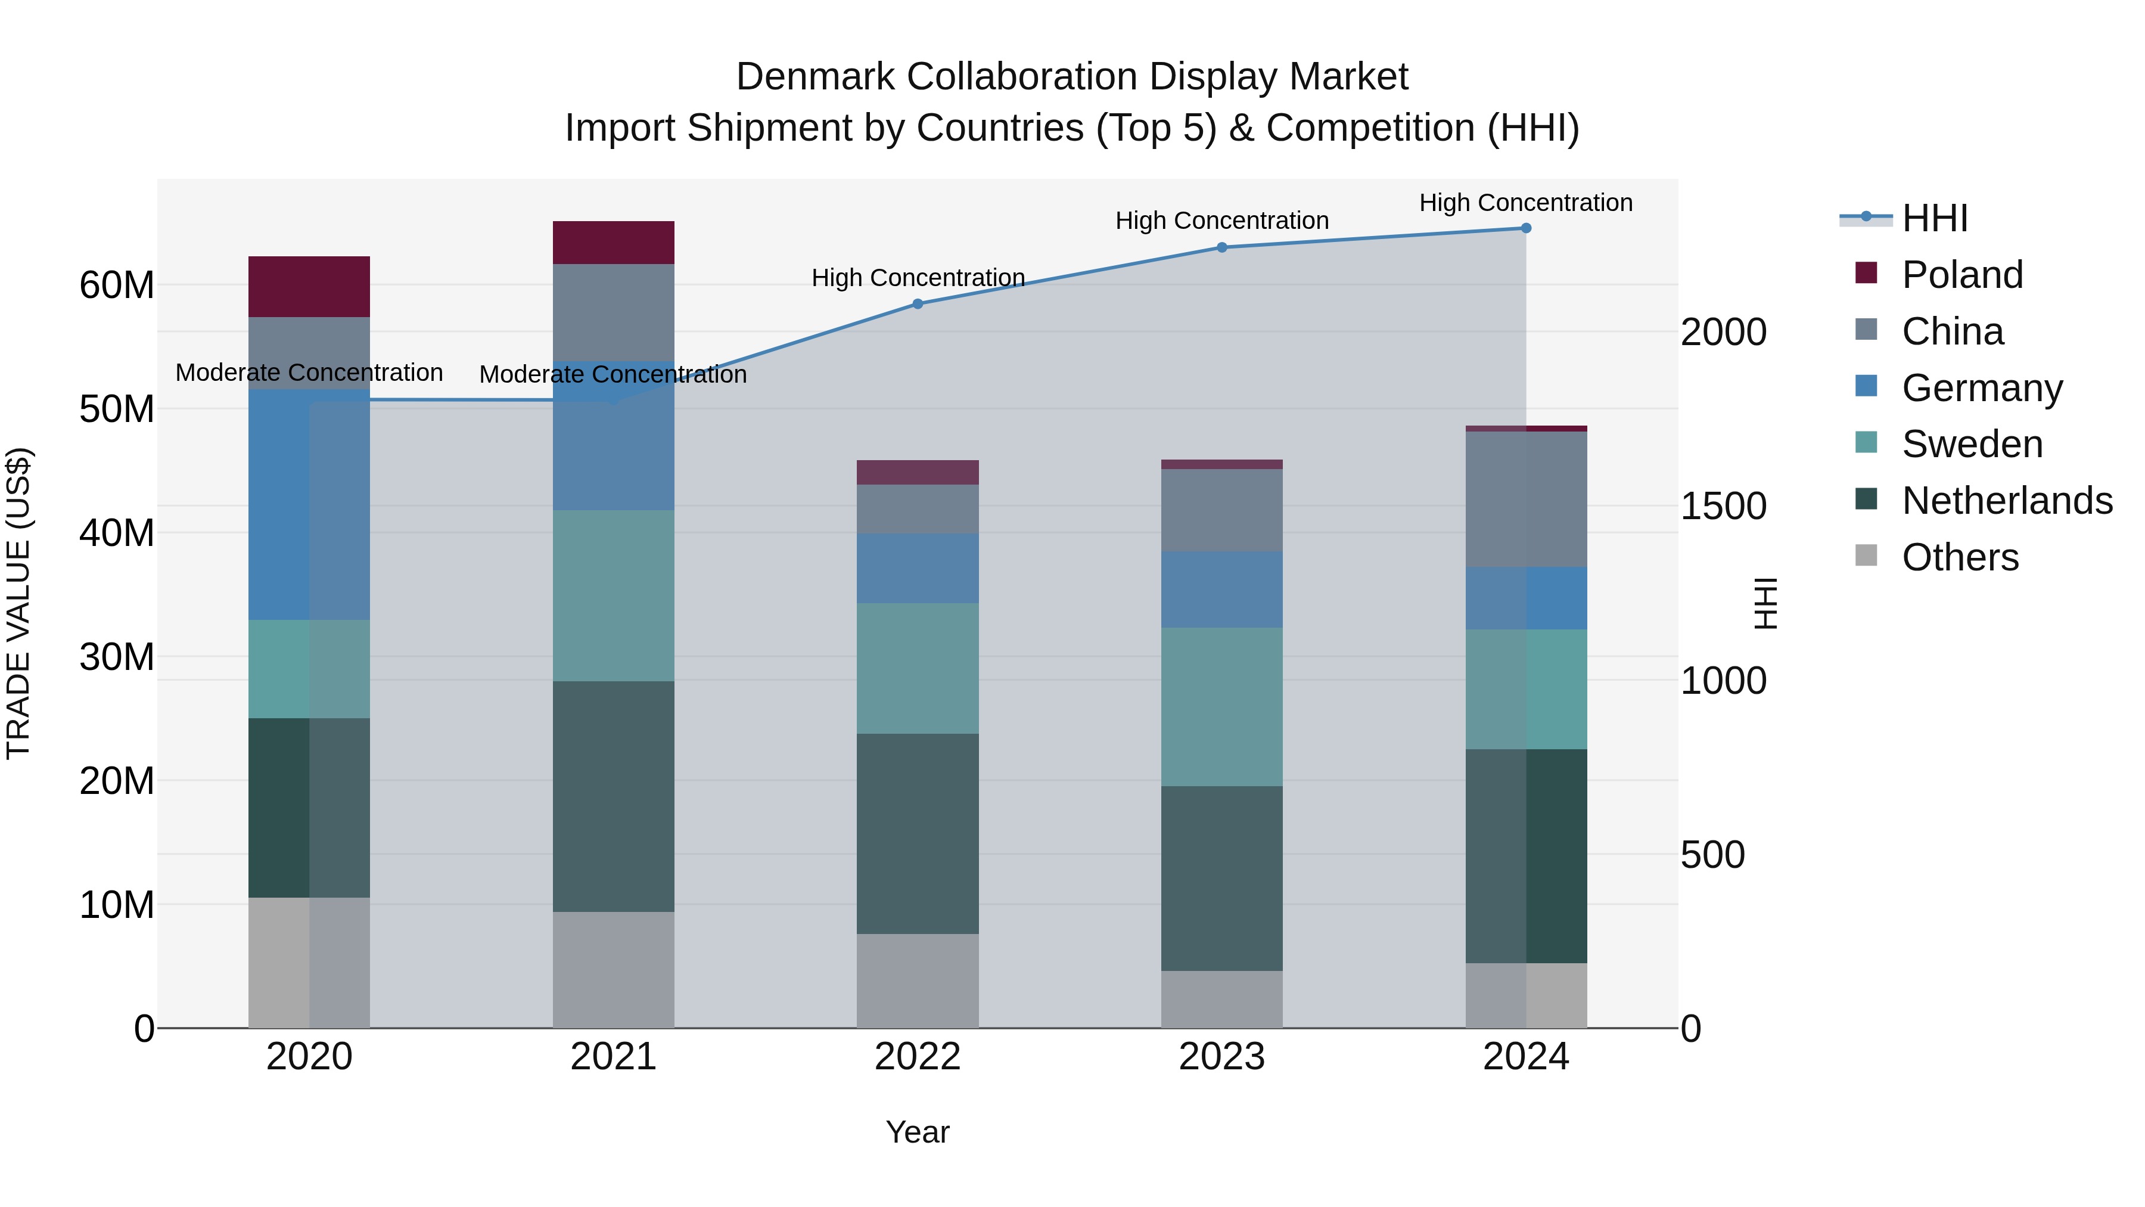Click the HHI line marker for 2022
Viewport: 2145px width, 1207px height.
(x=918, y=304)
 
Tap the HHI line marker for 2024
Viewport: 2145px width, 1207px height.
(x=1525, y=228)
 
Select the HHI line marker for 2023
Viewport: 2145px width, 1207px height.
(x=1221, y=247)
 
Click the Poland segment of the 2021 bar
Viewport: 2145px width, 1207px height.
(x=614, y=243)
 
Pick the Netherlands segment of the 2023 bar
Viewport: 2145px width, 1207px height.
(x=1221, y=878)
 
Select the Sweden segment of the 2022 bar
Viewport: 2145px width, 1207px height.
(x=918, y=668)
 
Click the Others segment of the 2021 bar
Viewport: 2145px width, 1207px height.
(x=614, y=970)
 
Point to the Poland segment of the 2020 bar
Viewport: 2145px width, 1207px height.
(x=309, y=287)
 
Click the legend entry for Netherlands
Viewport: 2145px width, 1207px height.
(x=2007, y=501)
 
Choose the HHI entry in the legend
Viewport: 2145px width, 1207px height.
(x=1934, y=218)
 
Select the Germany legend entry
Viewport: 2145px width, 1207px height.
(x=1982, y=388)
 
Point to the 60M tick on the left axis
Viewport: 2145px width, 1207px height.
(x=117, y=286)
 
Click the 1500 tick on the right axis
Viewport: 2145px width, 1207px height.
(x=1723, y=507)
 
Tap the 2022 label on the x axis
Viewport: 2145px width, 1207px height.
(x=918, y=1057)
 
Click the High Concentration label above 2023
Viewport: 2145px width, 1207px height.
(x=1221, y=221)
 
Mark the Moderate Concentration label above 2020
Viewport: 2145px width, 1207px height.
(x=309, y=373)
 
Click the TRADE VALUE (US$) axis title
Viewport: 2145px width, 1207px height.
(x=18, y=603)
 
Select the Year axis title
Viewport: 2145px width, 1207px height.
(x=918, y=1132)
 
